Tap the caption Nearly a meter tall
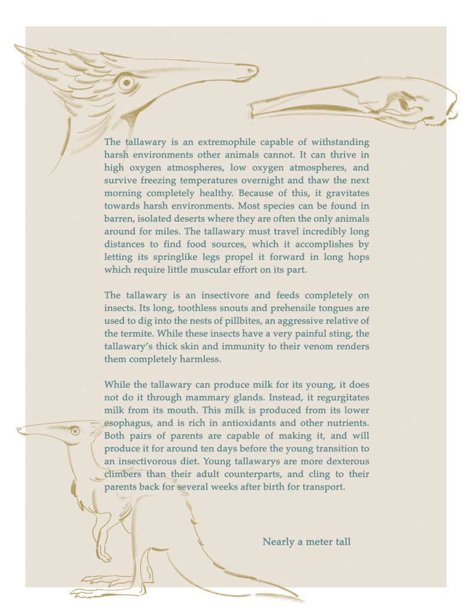tap(306, 542)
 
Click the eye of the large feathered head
tap(126, 83)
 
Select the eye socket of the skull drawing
tap(403, 103)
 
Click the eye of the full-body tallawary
tap(74, 430)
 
